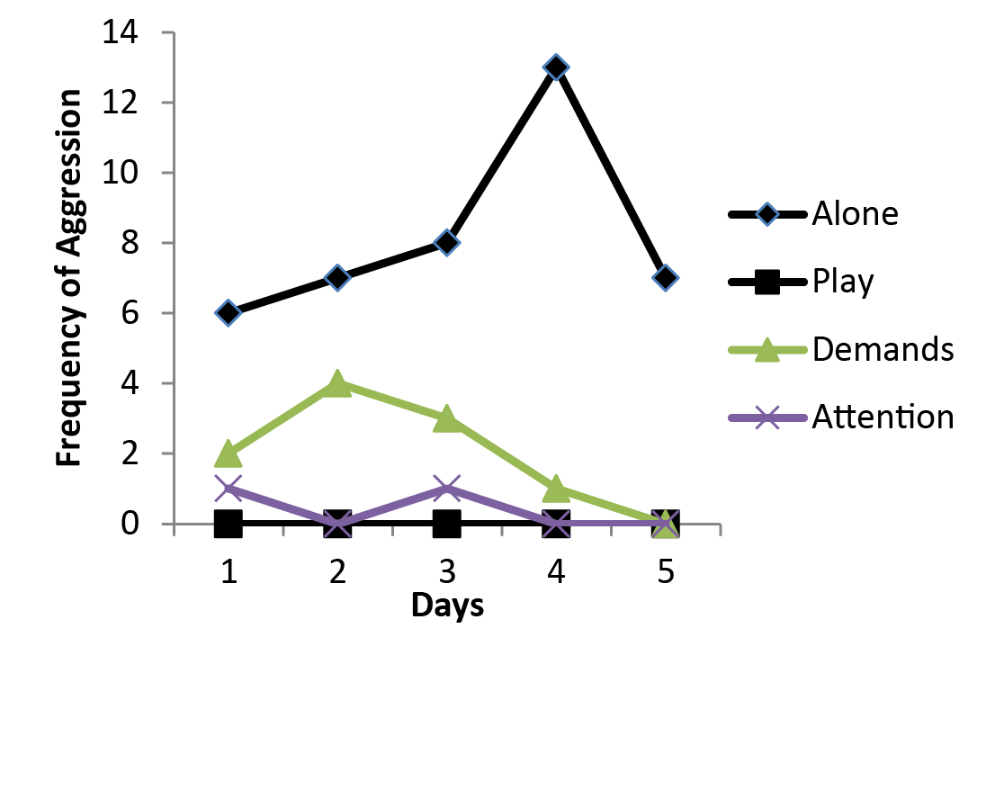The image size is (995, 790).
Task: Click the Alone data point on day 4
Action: (556, 67)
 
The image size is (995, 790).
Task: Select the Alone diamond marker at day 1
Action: (229, 313)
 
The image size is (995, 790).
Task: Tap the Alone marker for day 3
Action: (447, 243)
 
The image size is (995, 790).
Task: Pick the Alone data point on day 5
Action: (665, 278)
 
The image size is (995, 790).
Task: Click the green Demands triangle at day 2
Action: (337, 383)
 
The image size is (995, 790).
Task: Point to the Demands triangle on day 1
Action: (229, 453)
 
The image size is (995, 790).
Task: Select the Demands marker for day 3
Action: (447, 418)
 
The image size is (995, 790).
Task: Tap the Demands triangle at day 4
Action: (556, 489)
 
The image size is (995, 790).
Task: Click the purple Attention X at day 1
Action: (229, 489)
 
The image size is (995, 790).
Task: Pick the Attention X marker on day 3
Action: (447, 489)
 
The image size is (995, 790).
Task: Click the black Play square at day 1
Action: (229, 523)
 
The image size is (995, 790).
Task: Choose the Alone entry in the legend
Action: (855, 214)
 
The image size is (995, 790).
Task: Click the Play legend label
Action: (842, 282)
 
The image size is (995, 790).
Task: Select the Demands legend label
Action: (882, 349)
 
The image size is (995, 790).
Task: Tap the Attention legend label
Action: (882, 417)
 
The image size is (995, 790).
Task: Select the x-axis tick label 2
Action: (337, 572)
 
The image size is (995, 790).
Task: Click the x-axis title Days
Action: (447, 606)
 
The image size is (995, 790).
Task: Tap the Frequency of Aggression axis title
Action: (69, 277)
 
